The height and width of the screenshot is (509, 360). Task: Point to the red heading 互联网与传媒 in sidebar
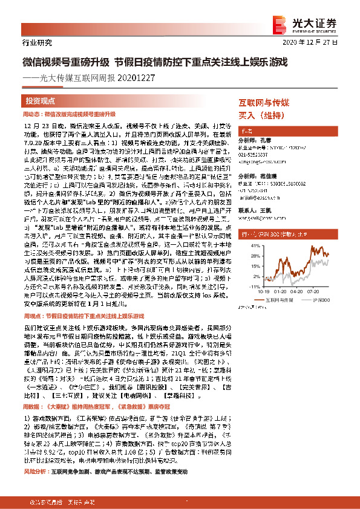click(263, 103)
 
